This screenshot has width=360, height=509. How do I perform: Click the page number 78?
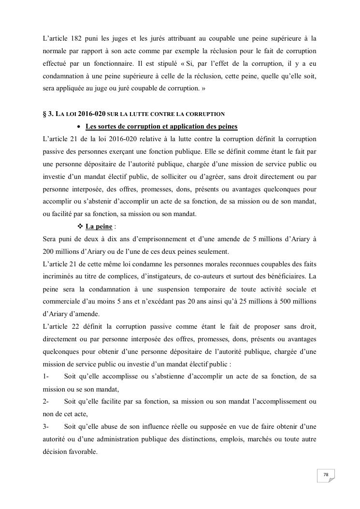point(326,475)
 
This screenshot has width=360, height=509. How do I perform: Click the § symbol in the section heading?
point(44,114)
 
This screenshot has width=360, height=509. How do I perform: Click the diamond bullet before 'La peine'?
point(80,227)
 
